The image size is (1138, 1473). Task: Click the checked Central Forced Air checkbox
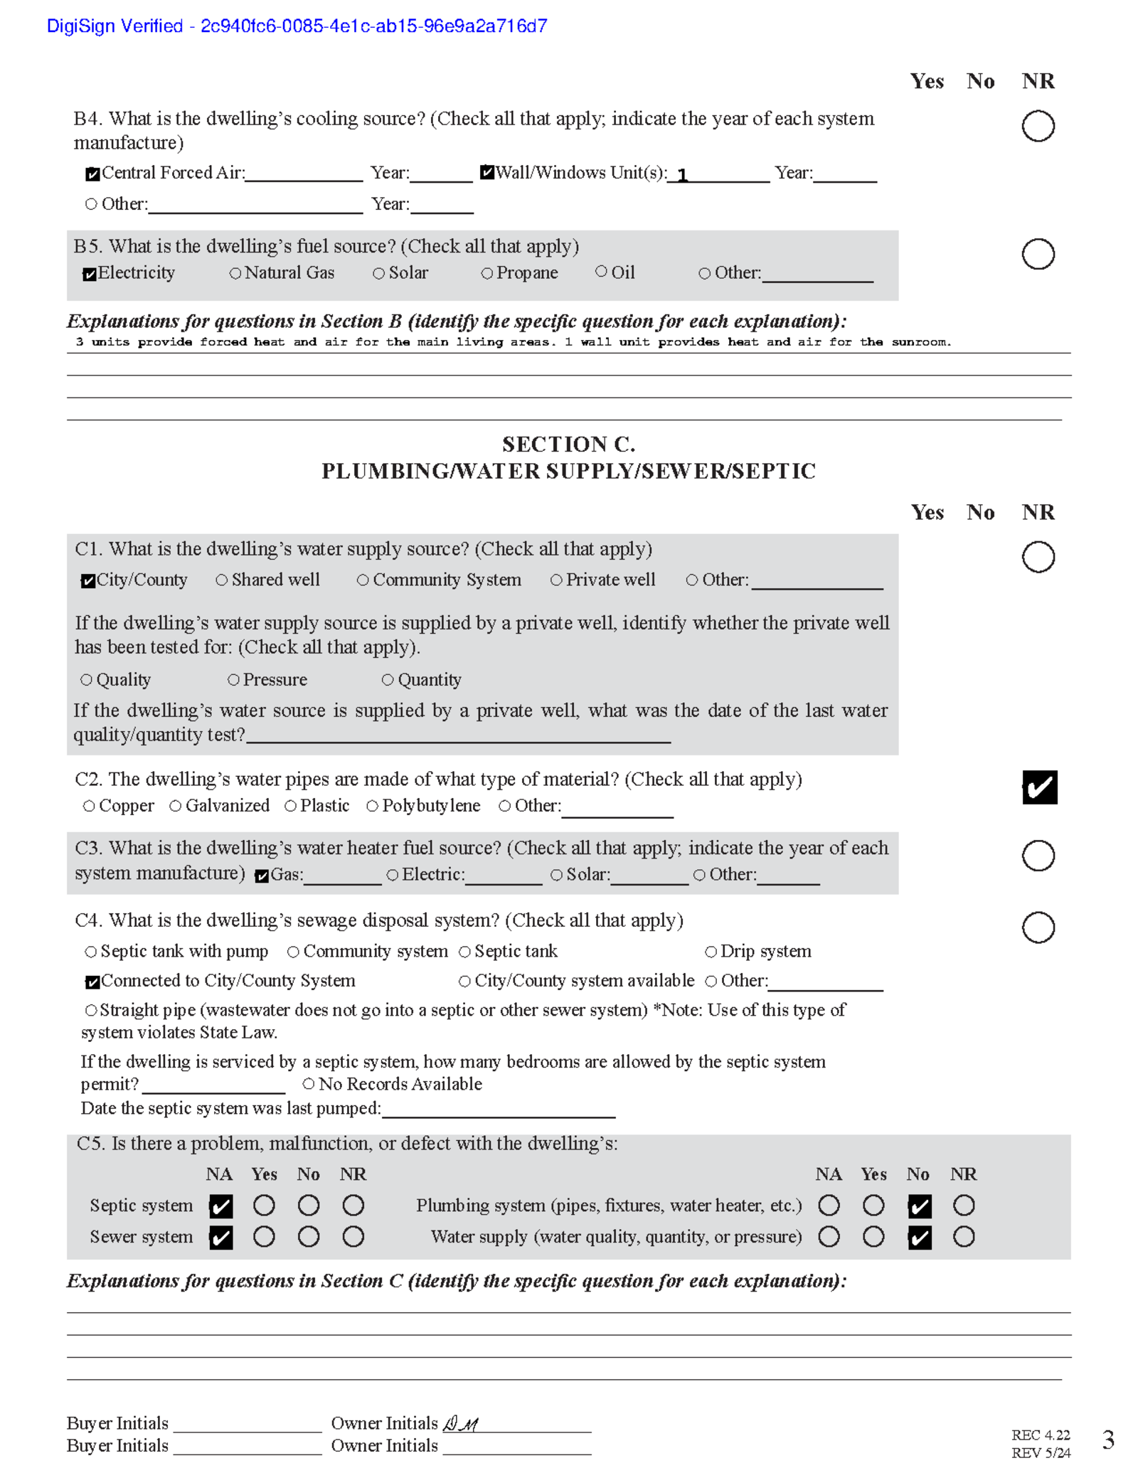click(92, 174)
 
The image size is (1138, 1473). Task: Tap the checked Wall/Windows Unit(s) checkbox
click(487, 172)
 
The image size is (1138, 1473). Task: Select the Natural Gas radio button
click(235, 273)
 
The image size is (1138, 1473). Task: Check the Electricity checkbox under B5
click(90, 275)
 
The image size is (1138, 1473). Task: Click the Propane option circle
click(487, 274)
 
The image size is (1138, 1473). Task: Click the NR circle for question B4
click(1038, 127)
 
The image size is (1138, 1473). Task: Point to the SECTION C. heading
click(568, 445)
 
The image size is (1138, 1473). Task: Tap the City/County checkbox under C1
click(88, 581)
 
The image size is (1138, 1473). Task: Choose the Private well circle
click(556, 580)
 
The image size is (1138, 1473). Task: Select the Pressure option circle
click(233, 680)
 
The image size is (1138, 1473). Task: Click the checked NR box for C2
click(1039, 787)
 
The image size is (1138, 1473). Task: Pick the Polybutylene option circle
click(372, 806)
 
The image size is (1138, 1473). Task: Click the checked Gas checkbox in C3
click(262, 876)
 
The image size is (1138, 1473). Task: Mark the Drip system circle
click(711, 952)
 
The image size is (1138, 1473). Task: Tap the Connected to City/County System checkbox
click(92, 982)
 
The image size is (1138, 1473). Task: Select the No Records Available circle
click(309, 1084)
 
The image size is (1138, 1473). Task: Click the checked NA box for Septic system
click(221, 1206)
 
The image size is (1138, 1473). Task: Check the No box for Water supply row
click(919, 1238)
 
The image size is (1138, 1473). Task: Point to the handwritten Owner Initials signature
click(461, 1424)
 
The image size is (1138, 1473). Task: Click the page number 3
click(1107, 1440)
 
